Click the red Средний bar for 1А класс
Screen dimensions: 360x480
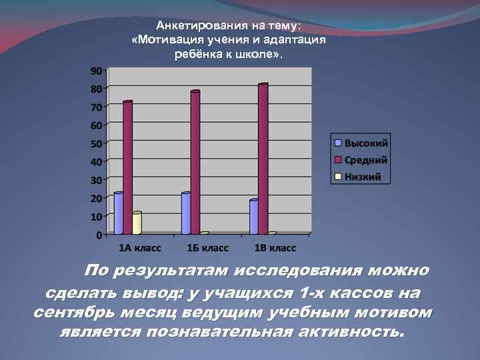(127, 167)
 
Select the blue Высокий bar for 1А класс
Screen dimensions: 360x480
(119, 213)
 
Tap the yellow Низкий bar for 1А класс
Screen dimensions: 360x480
(137, 223)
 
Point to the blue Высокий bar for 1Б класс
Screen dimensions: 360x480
(186, 213)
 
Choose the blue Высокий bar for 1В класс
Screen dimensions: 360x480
(254, 217)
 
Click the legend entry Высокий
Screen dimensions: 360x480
(365, 143)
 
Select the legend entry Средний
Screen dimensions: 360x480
(365, 160)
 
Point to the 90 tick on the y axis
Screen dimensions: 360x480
(96, 71)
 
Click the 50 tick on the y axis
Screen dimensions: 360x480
(96, 143)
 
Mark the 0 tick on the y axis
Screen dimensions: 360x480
(99, 235)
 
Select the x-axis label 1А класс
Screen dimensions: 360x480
(139, 248)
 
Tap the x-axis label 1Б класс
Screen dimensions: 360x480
(207, 248)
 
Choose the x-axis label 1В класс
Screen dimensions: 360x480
(275, 248)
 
